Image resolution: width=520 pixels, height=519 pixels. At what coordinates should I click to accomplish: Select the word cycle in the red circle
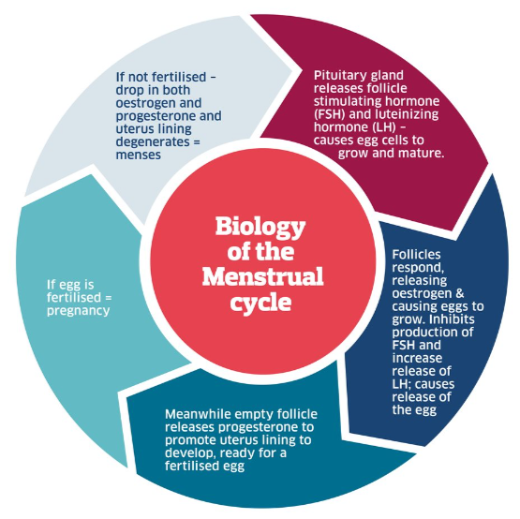click(x=261, y=303)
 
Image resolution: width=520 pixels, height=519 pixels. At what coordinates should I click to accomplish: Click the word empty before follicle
click(x=261, y=413)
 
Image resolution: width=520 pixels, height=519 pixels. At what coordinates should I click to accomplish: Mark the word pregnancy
click(x=79, y=309)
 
